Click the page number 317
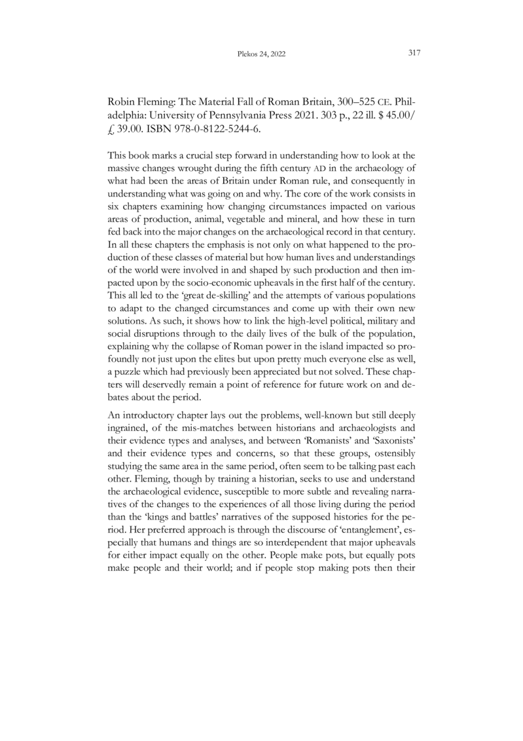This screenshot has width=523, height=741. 413,53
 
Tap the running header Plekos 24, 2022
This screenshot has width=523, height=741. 261,54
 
